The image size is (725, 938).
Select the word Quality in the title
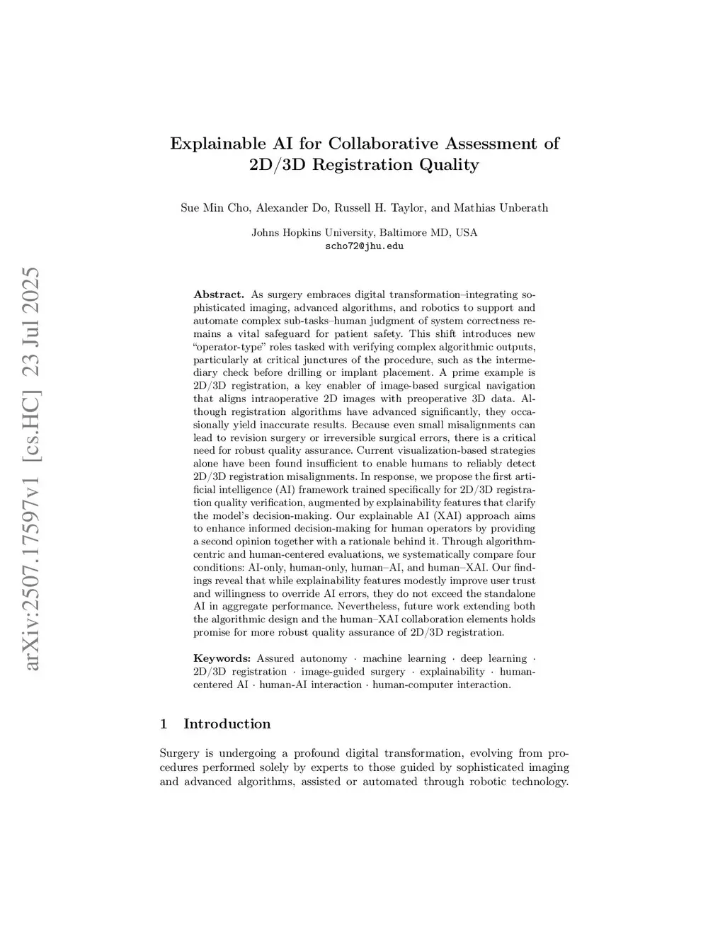point(448,165)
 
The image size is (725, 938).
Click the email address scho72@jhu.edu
point(364,246)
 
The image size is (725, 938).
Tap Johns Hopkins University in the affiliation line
point(312,233)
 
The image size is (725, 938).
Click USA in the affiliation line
point(467,233)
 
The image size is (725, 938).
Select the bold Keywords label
point(222,658)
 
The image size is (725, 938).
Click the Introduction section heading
point(227,723)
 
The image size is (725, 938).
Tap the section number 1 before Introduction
point(164,723)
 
